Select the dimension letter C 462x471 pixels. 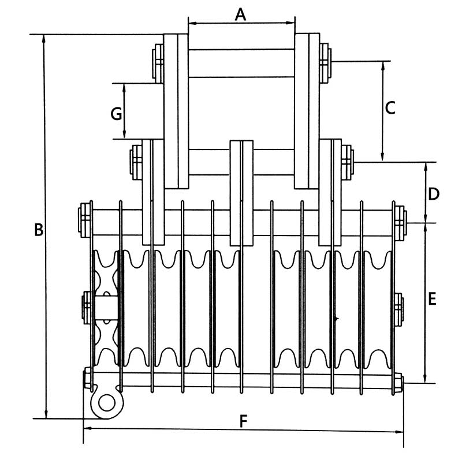pyautogui.click(x=390, y=107)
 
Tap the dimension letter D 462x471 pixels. pyautogui.click(x=433, y=193)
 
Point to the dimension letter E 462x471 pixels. pyautogui.click(x=433, y=299)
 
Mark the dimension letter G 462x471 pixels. pyautogui.click(x=116, y=114)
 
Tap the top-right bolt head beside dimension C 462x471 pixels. pyautogui.click(x=325, y=61)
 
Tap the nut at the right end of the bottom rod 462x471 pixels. pyautogui.click(x=398, y=382)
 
